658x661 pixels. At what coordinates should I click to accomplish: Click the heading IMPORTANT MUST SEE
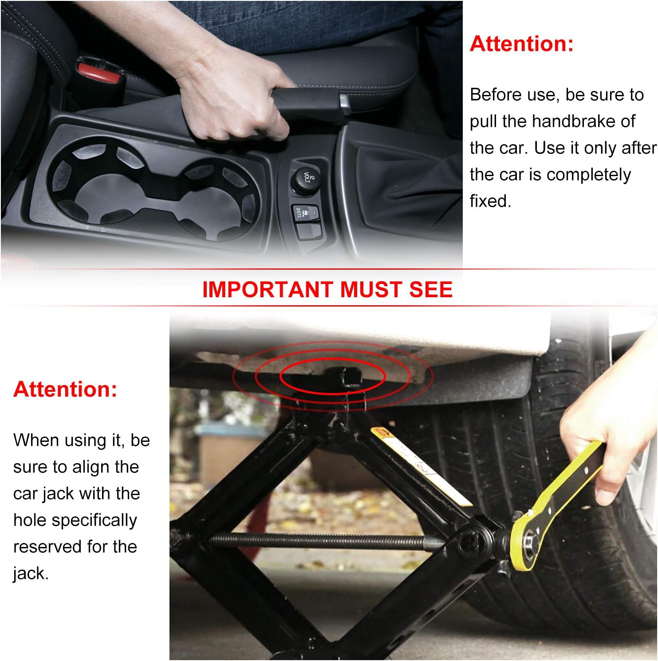coord(327,289)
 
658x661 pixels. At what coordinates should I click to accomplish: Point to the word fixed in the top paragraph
coord(490,201)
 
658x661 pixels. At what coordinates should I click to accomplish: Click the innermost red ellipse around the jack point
coord(332,376)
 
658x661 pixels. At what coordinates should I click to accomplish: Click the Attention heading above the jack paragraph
coord(65,389)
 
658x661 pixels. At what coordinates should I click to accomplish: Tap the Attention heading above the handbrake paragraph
coord(522,43)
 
